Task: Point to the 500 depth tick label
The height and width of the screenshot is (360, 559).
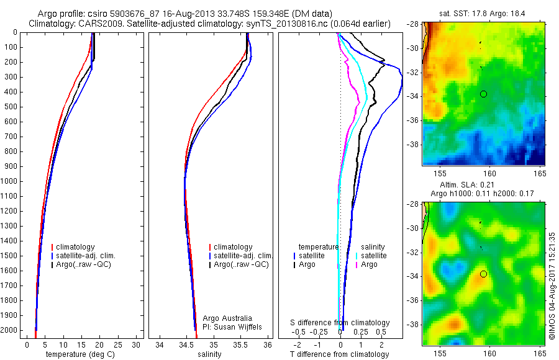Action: tap(11, 107)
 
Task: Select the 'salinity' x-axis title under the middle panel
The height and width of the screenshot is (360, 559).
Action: tap(209, 354)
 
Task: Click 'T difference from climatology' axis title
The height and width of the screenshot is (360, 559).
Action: tap(340, 354)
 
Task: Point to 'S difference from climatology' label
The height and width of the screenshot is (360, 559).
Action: tap(340, 323)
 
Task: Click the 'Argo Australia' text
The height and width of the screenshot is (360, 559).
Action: tap(228, 318)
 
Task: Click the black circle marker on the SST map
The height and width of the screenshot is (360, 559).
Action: tap(483, 94)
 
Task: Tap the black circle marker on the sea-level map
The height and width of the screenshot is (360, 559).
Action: tap(483, 274)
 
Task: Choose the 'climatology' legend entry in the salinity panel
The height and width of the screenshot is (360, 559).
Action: tap(233, 247)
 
